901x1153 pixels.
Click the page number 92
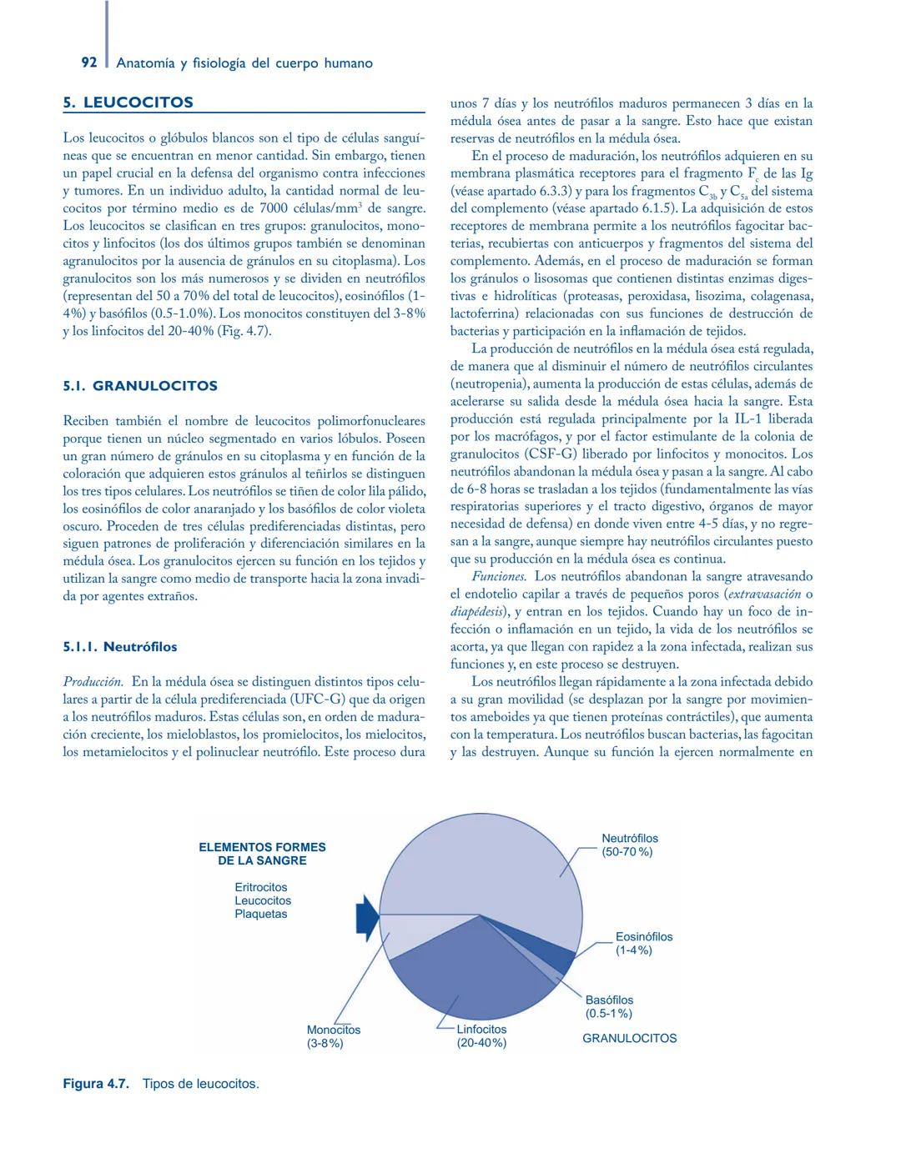pyautogui.click(x=88, y=63)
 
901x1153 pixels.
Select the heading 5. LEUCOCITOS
pyautogui.click(x=128, y=103)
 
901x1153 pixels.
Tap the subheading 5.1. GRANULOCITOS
pyautogui.click(x=140, y=386)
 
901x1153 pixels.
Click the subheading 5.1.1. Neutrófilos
pyautogui.click(x=120, y=647)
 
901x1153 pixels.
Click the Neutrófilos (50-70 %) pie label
pyautogui.click(x=630, y=845)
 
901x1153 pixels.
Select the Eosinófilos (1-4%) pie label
pyautogui.click(x=643, y=943)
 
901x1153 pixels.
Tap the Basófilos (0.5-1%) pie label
pyautogui.click(x=609, y=1006)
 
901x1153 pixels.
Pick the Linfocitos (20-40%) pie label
pyautogui.click(x=481, y=1035)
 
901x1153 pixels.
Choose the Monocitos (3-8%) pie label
pyautogui.click(x=334, y=1036)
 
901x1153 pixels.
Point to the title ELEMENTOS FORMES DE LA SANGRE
pyautogui.click(x=262, y=854)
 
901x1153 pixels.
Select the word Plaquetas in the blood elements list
pyautogui.click(x=260, y=914)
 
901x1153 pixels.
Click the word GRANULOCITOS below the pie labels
pyautogui.click(x=629, y=1038)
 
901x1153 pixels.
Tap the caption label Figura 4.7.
pyautogui.click(x=96, y=1084)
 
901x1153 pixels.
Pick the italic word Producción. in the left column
pyautogui.click(x=93, y=682)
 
